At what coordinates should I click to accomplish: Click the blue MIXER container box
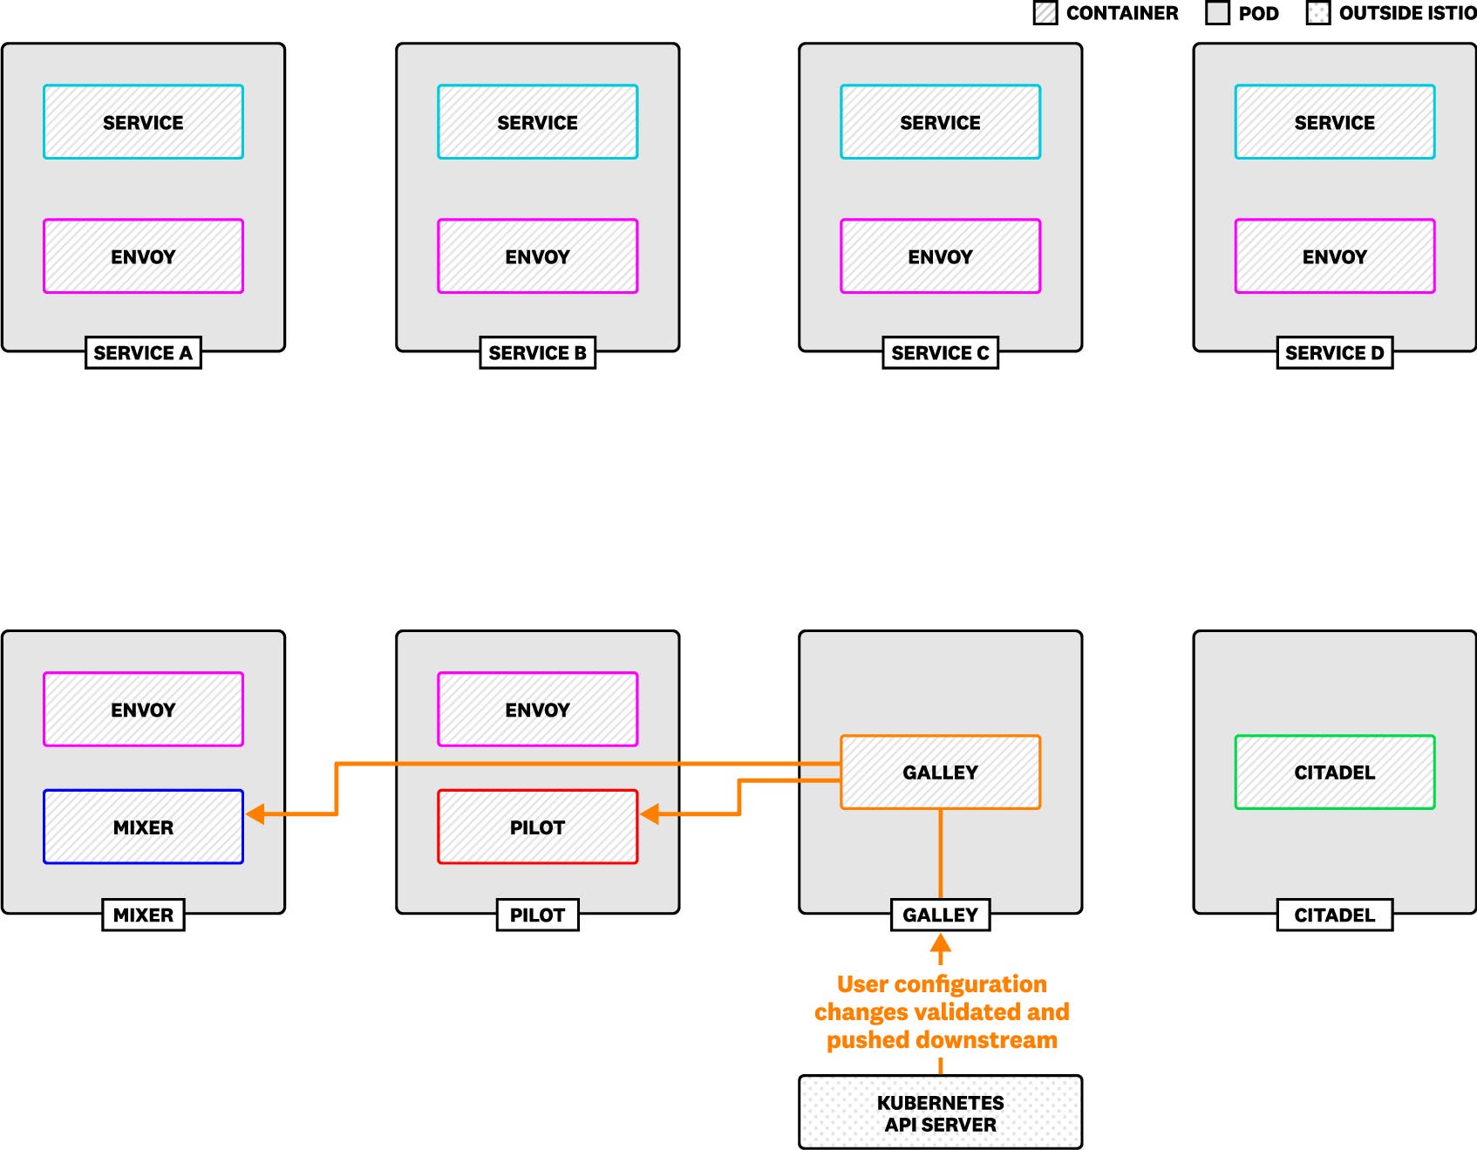[143, 827]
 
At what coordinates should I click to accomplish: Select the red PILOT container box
[537, 827]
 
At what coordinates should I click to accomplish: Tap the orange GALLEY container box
[940, 772]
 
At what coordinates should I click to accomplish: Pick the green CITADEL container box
[1334, 772]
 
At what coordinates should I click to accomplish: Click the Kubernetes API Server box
[940, 1113]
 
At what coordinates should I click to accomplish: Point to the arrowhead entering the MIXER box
[255, 814]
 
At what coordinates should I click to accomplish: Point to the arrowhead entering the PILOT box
[650, 814]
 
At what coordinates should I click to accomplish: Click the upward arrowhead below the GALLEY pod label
[940, 943]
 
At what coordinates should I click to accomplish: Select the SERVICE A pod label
[143, 352]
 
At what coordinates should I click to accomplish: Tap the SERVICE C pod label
[940, 352]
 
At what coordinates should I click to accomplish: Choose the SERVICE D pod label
[1334, 352]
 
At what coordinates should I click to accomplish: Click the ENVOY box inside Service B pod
[537, 256]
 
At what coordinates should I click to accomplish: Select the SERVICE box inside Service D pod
[1334, 122]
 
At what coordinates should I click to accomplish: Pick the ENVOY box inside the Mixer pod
[143, 709]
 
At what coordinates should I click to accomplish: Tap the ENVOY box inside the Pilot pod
[537, 709]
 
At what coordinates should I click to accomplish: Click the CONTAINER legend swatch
[1045, 13]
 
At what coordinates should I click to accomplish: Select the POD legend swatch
[1217, 13]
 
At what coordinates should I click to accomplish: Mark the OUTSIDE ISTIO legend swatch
[1317, 13]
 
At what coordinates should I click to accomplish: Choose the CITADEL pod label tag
[1334, 915]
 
